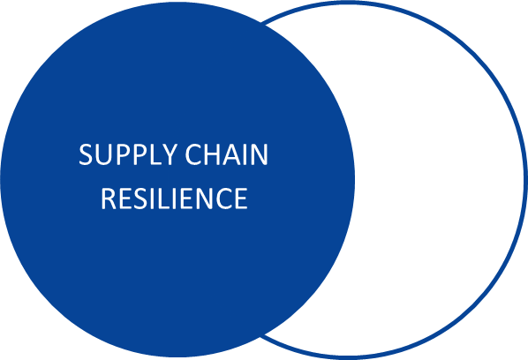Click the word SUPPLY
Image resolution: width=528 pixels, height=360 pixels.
point(128,154)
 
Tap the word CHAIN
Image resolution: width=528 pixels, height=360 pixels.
point(227,154)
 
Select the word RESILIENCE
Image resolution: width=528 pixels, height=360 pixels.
point(175,199)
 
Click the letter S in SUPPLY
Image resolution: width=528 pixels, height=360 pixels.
point(86,154)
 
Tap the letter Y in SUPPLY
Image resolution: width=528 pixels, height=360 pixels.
point(169,154)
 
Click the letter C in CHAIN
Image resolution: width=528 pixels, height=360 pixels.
point(193,154)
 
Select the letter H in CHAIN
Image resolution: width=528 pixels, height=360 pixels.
point(213,154)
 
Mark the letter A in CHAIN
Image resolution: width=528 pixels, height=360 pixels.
point(233,154)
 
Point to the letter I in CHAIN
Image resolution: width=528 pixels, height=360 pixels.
point(246,154)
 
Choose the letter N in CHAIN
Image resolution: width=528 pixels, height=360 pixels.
point(260,154)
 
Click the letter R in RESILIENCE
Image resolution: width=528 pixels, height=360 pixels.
point(109,199)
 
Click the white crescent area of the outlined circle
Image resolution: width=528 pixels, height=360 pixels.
point(438,180)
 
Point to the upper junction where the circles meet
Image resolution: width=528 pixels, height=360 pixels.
point(262,23)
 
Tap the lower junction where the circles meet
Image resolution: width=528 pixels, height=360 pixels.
point(262,335)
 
